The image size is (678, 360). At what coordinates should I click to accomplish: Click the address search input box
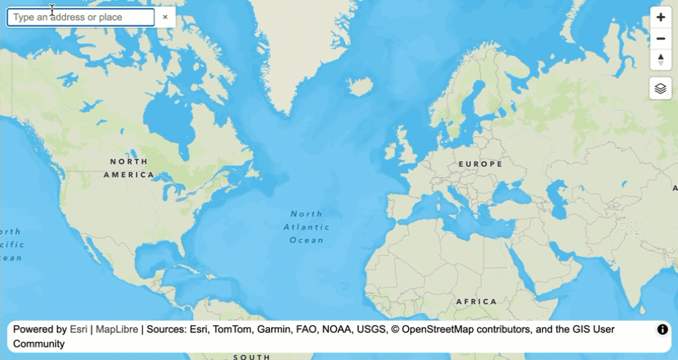click(80, 17)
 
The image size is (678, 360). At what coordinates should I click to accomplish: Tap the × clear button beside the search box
click(165, 17)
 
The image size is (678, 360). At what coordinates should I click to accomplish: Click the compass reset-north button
click(661, 60)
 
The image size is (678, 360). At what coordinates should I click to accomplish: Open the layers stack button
click(661, 88)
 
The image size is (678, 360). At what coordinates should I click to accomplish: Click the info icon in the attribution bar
click(663, 329)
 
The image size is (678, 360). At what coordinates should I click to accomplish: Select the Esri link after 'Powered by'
click(78, 329)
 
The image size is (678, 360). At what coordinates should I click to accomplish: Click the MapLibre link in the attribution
click(117, 329)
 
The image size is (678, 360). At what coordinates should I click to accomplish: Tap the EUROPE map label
click(480, 164)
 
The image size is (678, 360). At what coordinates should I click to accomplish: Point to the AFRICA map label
click(476, 301)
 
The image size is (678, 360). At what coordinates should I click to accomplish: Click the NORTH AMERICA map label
click(129, 168)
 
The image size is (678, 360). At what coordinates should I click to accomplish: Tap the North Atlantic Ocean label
click(306, 227)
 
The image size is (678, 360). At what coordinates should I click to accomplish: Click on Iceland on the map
click(360, 87)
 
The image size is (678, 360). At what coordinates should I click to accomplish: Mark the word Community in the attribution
click(39, 343)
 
